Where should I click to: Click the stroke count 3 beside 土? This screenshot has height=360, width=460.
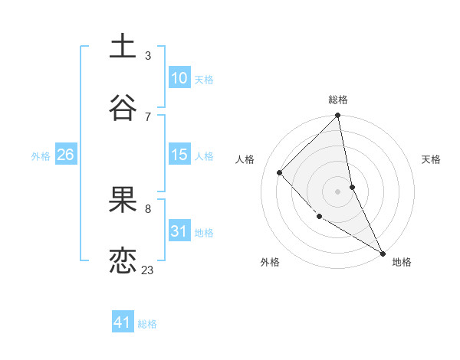pos(147,56)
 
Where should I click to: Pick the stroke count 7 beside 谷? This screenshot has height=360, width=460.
pos(147,116)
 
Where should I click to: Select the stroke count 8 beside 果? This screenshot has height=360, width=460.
pos(147,208)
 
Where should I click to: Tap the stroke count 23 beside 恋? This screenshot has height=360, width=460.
pos(147,270)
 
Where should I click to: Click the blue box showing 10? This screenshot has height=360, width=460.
pos(179,78)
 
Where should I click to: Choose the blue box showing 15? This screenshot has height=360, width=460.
pos(179,155)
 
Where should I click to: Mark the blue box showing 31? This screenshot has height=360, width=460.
pos(179,231)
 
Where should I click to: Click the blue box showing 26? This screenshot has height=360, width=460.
pos(65,155)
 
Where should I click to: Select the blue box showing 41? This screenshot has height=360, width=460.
pos(123,323)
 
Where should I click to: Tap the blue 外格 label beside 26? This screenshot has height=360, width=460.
pos(41,156)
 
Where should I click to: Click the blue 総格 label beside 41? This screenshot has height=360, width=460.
pos(147,324)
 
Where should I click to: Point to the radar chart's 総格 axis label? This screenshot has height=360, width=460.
pos(338,100)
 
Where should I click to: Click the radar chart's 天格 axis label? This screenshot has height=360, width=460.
pos(431,159)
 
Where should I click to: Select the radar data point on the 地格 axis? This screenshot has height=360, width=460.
pos(383,253)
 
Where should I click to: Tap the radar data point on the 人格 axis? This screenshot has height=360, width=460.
pos(280,172)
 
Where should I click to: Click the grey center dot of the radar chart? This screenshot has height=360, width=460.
pos(338,191)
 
